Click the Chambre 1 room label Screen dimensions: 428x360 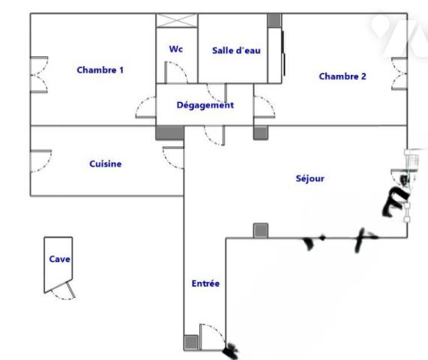(x=100, y=70)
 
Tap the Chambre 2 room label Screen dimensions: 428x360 (x=343, y=76)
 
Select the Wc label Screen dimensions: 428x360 (x=176, y=49)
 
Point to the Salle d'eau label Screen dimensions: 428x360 (x=236, y=50)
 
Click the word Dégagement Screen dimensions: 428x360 (x=205, y=105)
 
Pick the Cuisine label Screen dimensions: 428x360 (x=106, y=164)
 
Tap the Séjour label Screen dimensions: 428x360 (x=310, y=178)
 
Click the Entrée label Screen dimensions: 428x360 (x=205, y=283)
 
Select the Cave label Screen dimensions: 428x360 (x=59, y=259)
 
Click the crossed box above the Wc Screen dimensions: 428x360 (x=177, y=20)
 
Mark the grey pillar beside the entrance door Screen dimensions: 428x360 (x=191, y=342)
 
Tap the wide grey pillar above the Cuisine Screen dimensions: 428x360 (x=170, y=133)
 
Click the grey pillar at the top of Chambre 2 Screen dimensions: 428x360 (x=274, y=20)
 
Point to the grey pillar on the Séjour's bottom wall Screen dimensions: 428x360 (x=261, y=230)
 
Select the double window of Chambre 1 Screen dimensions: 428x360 (x=40, y=74)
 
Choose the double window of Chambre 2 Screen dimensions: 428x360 (x=399, y=73)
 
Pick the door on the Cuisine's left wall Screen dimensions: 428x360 (x=41, y=161)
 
